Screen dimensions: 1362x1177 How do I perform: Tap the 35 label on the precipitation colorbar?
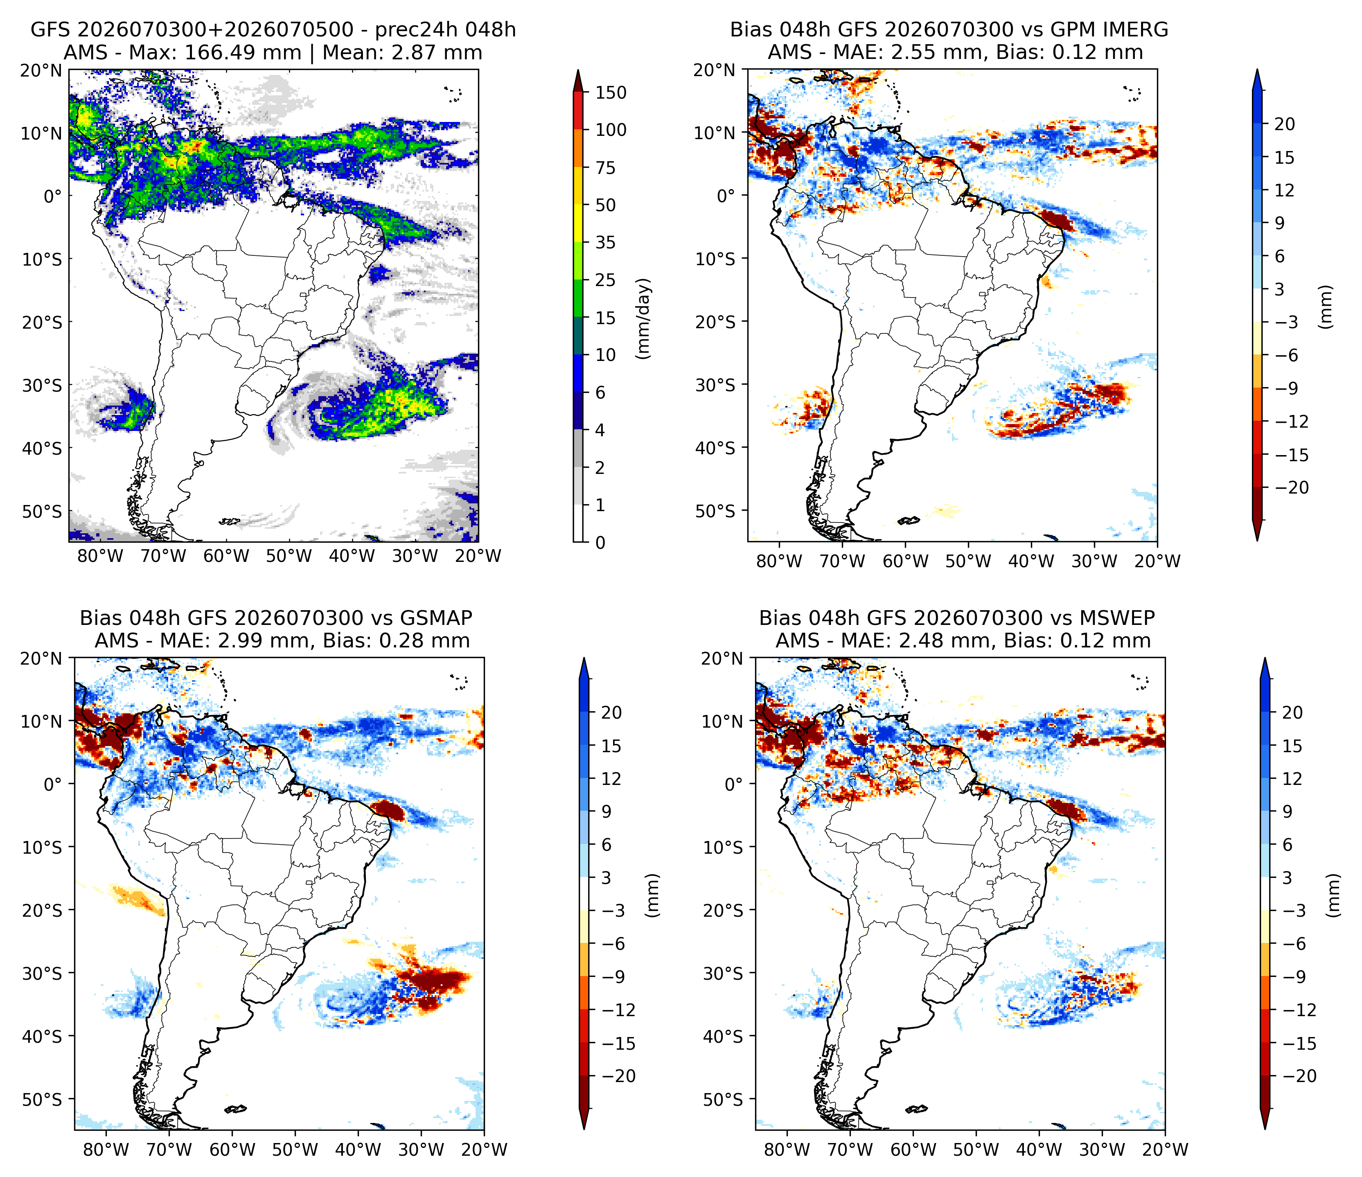coord(605,243)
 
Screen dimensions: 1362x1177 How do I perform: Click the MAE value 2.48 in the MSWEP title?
coord(922,641)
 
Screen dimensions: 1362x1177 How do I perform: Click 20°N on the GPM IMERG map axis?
coord(715,70)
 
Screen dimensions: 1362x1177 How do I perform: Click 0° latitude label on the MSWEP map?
coord(733,785)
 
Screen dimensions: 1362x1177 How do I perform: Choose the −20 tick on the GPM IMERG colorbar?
coord(1292,488)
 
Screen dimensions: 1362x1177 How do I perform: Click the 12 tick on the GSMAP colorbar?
coord(611,779)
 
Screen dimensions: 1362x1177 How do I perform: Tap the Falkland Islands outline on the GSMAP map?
coord(235,1109)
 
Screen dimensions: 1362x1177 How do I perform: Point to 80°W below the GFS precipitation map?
coord(101,556)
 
